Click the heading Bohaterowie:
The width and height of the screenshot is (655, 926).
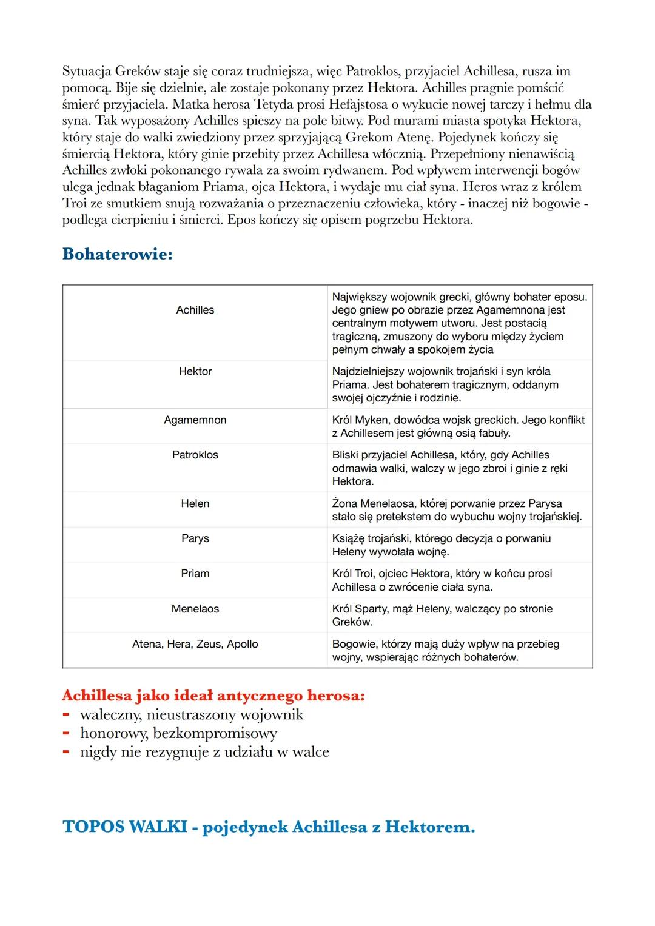(117, 253)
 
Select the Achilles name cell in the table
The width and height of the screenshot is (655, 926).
(195, 310)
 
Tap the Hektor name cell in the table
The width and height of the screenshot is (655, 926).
(195, 371)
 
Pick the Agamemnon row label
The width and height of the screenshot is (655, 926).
(195, 420)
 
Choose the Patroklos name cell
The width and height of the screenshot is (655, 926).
(195, 455)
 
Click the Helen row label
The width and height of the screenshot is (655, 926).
(195, 503)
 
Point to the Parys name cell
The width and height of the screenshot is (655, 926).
(195, 538)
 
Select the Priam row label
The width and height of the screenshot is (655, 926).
(195, 574)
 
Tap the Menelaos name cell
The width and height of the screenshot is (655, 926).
(195, 609)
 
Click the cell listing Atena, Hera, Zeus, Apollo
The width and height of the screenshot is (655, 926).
(195, 644)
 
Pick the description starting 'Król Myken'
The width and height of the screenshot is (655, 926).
(458, 426)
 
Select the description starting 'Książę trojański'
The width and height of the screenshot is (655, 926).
(441, 545)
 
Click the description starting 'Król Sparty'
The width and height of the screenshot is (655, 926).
(442, 616)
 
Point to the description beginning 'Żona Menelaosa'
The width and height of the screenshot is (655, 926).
(456, 510)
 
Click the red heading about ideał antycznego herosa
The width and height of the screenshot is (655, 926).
(213, 695)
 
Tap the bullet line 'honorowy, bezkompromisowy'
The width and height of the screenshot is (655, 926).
(178, 733)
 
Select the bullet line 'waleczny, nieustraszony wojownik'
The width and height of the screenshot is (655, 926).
(192, 714)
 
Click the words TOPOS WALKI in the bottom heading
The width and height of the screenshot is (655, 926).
(124, 827)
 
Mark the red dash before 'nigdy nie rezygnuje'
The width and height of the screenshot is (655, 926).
(67, 753)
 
